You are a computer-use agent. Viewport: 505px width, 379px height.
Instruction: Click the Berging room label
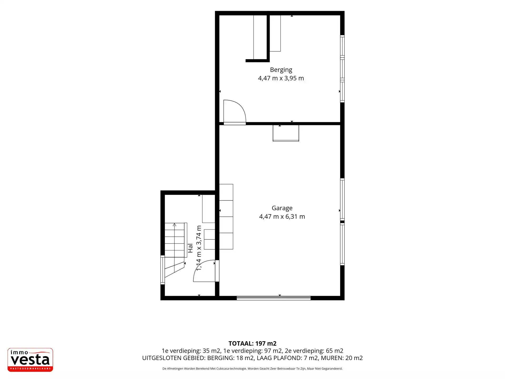[x=281, y=70]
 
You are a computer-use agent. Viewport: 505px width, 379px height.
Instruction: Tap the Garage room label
[x=282, y=208]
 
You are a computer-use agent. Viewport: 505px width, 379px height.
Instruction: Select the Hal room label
[x=190, y=248]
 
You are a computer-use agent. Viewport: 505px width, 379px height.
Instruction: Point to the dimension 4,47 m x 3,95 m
[x=281, y=78]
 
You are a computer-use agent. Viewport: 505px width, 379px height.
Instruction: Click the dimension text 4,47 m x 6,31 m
[x=282, y=217]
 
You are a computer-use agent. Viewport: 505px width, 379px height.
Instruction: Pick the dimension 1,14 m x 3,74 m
[x=199, y=248]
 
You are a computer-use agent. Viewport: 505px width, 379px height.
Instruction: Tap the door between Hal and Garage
[x=217, y=271]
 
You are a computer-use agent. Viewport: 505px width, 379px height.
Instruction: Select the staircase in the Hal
[x=175, y=250]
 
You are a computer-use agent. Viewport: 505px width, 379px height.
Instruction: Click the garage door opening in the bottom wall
[x=274, y=298]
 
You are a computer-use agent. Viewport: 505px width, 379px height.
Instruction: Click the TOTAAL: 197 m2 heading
[x=252, y=343]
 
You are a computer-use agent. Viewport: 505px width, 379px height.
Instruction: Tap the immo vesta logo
[x=30, y=360]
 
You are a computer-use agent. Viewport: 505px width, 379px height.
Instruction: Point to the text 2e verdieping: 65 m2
[x=314, y=351]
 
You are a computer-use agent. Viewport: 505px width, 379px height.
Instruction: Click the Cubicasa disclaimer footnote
[x=252, y=369]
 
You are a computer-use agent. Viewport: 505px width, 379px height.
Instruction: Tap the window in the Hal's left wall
[x=163, y=270]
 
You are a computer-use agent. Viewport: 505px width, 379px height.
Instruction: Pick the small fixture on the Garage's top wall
[x=286, y=133]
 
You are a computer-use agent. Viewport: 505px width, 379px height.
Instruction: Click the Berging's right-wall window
[x=342, y=69]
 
